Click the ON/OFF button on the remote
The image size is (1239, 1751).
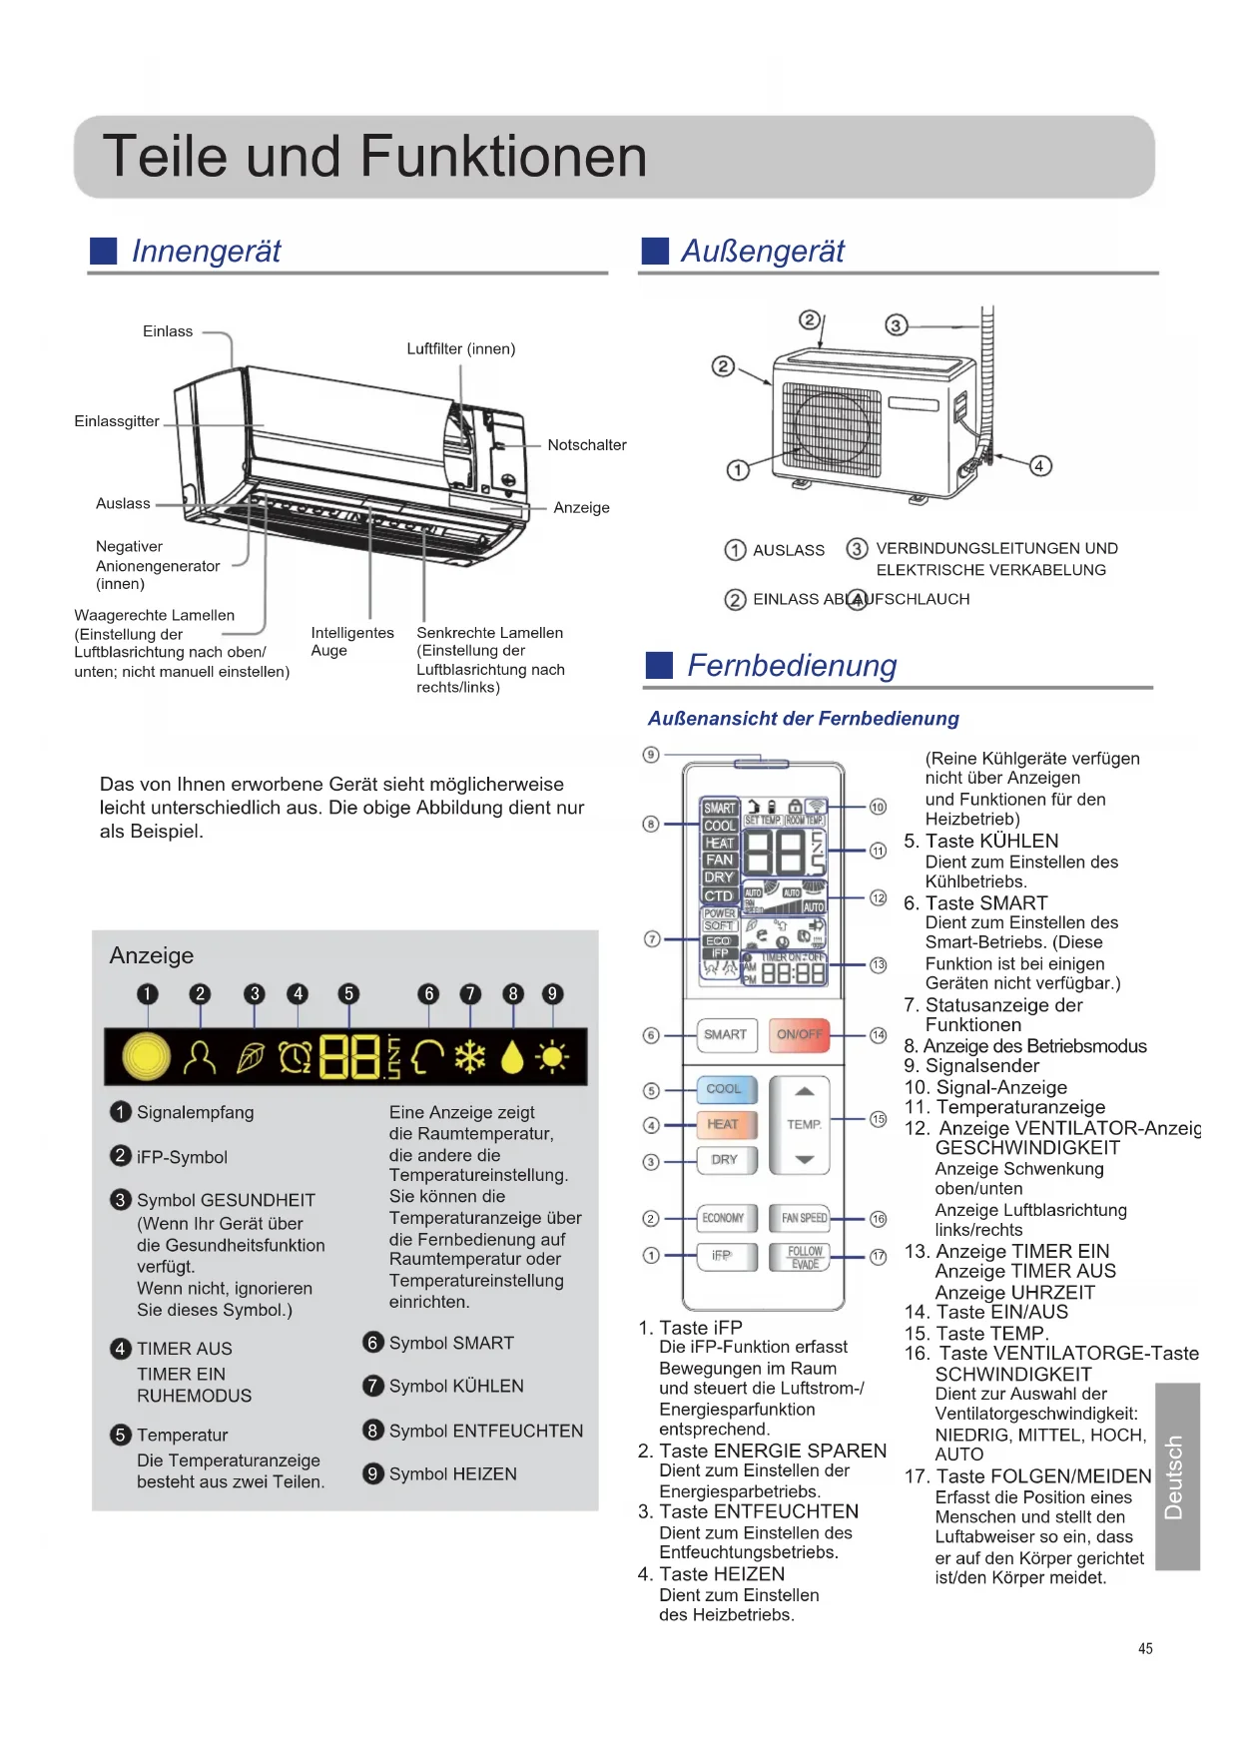click(x=800, y=1035)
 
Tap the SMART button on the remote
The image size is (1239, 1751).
click(x=725, y=1035)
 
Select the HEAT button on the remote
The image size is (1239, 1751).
click(x=725, y=1125)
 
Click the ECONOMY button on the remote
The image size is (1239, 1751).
click(x=724, y=1218)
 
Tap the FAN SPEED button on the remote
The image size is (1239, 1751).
click(x=804, y=1218)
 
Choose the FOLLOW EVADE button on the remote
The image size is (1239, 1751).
click(x=804, y=1257)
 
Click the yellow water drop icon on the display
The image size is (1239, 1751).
click(x=512, y=1056)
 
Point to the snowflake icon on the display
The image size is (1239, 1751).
click(x=469, y=1056)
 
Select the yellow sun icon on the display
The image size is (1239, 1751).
click(x=552, y=1056)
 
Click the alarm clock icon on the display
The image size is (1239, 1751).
click(x=296, y=1056)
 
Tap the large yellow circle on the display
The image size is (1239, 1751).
click(x=147, y=1056)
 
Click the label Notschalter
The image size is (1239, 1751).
click(x=587, y=445)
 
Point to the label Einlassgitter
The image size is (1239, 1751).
click(x=117, y=421)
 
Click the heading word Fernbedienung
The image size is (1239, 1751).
click(x=792, y=666)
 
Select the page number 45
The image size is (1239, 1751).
click(x=1145, y=1649)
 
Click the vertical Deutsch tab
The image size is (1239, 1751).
click(x=1175, y=1476)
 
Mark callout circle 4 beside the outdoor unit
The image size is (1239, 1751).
click(x=1039, y=466)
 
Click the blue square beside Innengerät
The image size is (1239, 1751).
click(x=104, y=252)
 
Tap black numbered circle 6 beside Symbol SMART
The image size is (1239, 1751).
click(x=373, y=1343)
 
